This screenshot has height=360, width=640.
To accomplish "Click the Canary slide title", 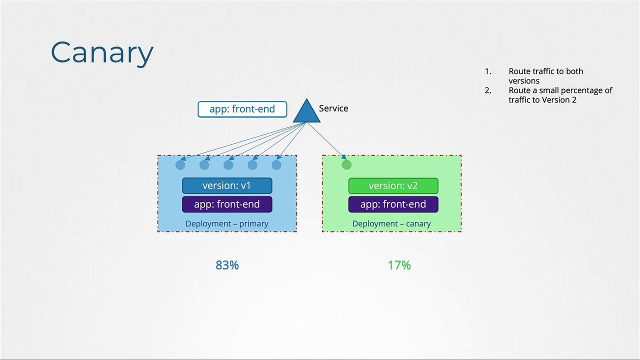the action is coord(102,53).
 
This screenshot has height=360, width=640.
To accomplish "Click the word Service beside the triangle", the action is coord(333,108).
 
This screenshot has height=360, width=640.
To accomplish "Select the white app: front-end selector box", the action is coord(242,109).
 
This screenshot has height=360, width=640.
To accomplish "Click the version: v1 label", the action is coord(227,185).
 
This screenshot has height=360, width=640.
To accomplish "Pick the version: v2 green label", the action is coord(393,185).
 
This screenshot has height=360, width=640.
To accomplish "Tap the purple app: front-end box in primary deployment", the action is coord(227,204).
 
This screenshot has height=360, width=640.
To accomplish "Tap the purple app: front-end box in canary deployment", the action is coord(393,204).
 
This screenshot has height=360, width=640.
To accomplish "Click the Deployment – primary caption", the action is coord(227,223).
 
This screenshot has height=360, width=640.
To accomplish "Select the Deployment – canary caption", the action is coord(391,223).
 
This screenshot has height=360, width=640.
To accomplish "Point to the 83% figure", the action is coord(227,265).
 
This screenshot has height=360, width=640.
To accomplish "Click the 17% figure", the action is coord(399,265).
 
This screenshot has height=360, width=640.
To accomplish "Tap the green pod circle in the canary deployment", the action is coord(346,165).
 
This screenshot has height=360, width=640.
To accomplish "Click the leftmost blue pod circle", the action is coord(180,165).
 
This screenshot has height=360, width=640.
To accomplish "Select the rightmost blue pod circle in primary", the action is coord(276,165).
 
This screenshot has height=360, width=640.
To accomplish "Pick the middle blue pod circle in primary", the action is coord(228,165).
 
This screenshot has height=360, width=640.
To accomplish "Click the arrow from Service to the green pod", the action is coord(326,141).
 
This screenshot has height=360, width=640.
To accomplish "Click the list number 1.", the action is coord(488,71).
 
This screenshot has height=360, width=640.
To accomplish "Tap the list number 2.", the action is coord(488,90).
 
